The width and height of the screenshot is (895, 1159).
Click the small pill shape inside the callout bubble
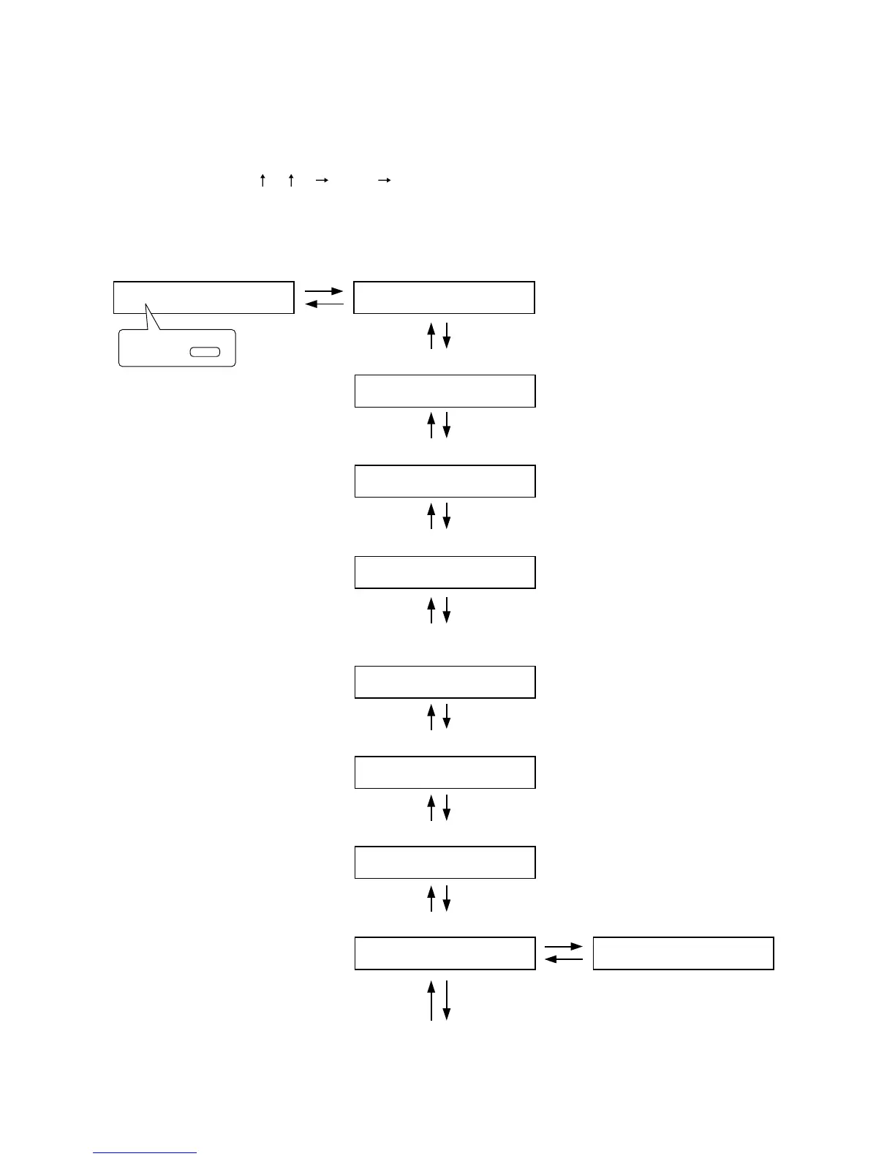(205, 352)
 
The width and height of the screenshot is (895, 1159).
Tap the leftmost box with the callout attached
(203, 297)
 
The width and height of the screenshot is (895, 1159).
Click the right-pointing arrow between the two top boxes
(324, 291)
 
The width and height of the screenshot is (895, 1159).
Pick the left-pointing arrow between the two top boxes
(324, 304)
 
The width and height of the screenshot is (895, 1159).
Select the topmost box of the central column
(444, 297)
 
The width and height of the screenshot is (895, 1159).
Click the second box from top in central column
(445, 391)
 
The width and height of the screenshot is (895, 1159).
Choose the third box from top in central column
(445, 481)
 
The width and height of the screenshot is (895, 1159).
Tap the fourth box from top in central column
(445, 572)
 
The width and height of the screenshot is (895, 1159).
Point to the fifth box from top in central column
(445, 682)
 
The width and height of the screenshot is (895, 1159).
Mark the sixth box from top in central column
(445, 772)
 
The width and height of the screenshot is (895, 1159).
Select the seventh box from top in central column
(445, 862)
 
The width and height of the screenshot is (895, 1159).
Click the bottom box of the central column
(445, 953)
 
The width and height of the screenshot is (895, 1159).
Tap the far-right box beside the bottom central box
(683, 953)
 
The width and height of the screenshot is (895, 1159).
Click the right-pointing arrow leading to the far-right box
(564, 947)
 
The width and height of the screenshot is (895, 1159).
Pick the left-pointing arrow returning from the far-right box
(564, 959)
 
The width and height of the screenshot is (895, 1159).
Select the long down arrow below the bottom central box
(447, 1000)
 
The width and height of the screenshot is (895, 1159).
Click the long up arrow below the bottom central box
(431, 1000)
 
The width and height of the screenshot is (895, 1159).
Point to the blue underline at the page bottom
(145, 1153)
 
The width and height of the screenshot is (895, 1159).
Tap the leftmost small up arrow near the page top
(263, 180)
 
